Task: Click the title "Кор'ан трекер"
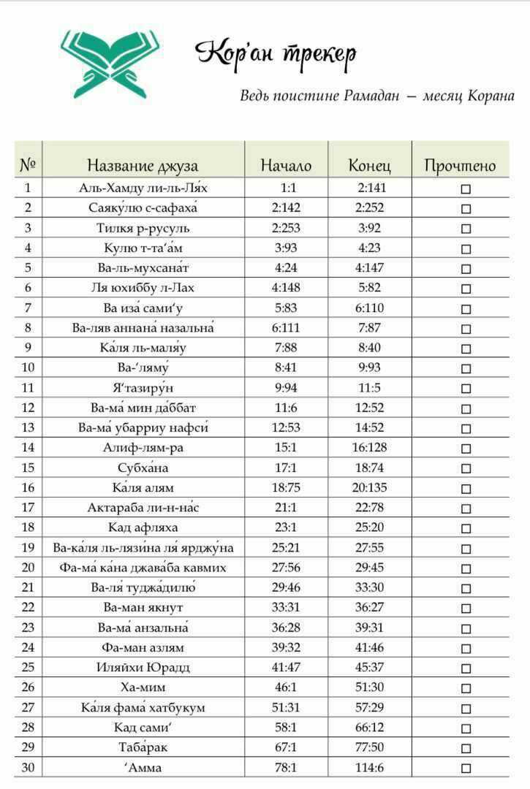point(276,53)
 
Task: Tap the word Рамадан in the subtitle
point(371,96)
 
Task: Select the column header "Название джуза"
point(143,166)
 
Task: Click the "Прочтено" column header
point(460,166)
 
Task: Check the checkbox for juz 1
point(466,188)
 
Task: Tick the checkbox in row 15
point(466,468)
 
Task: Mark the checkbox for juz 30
point(466,768)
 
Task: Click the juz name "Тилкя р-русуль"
point(143,228)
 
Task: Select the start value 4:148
point(286,288)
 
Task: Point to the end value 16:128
point(369,447)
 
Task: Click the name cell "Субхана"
point(143,468)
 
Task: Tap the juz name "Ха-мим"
point(143,687)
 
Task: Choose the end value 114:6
point(369,768)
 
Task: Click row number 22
point(28,607)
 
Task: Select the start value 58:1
point(286,728)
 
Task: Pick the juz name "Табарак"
point(143,747)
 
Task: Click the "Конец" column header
point(369,166)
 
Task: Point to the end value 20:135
point(369,487)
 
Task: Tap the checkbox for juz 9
point(466,348)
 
